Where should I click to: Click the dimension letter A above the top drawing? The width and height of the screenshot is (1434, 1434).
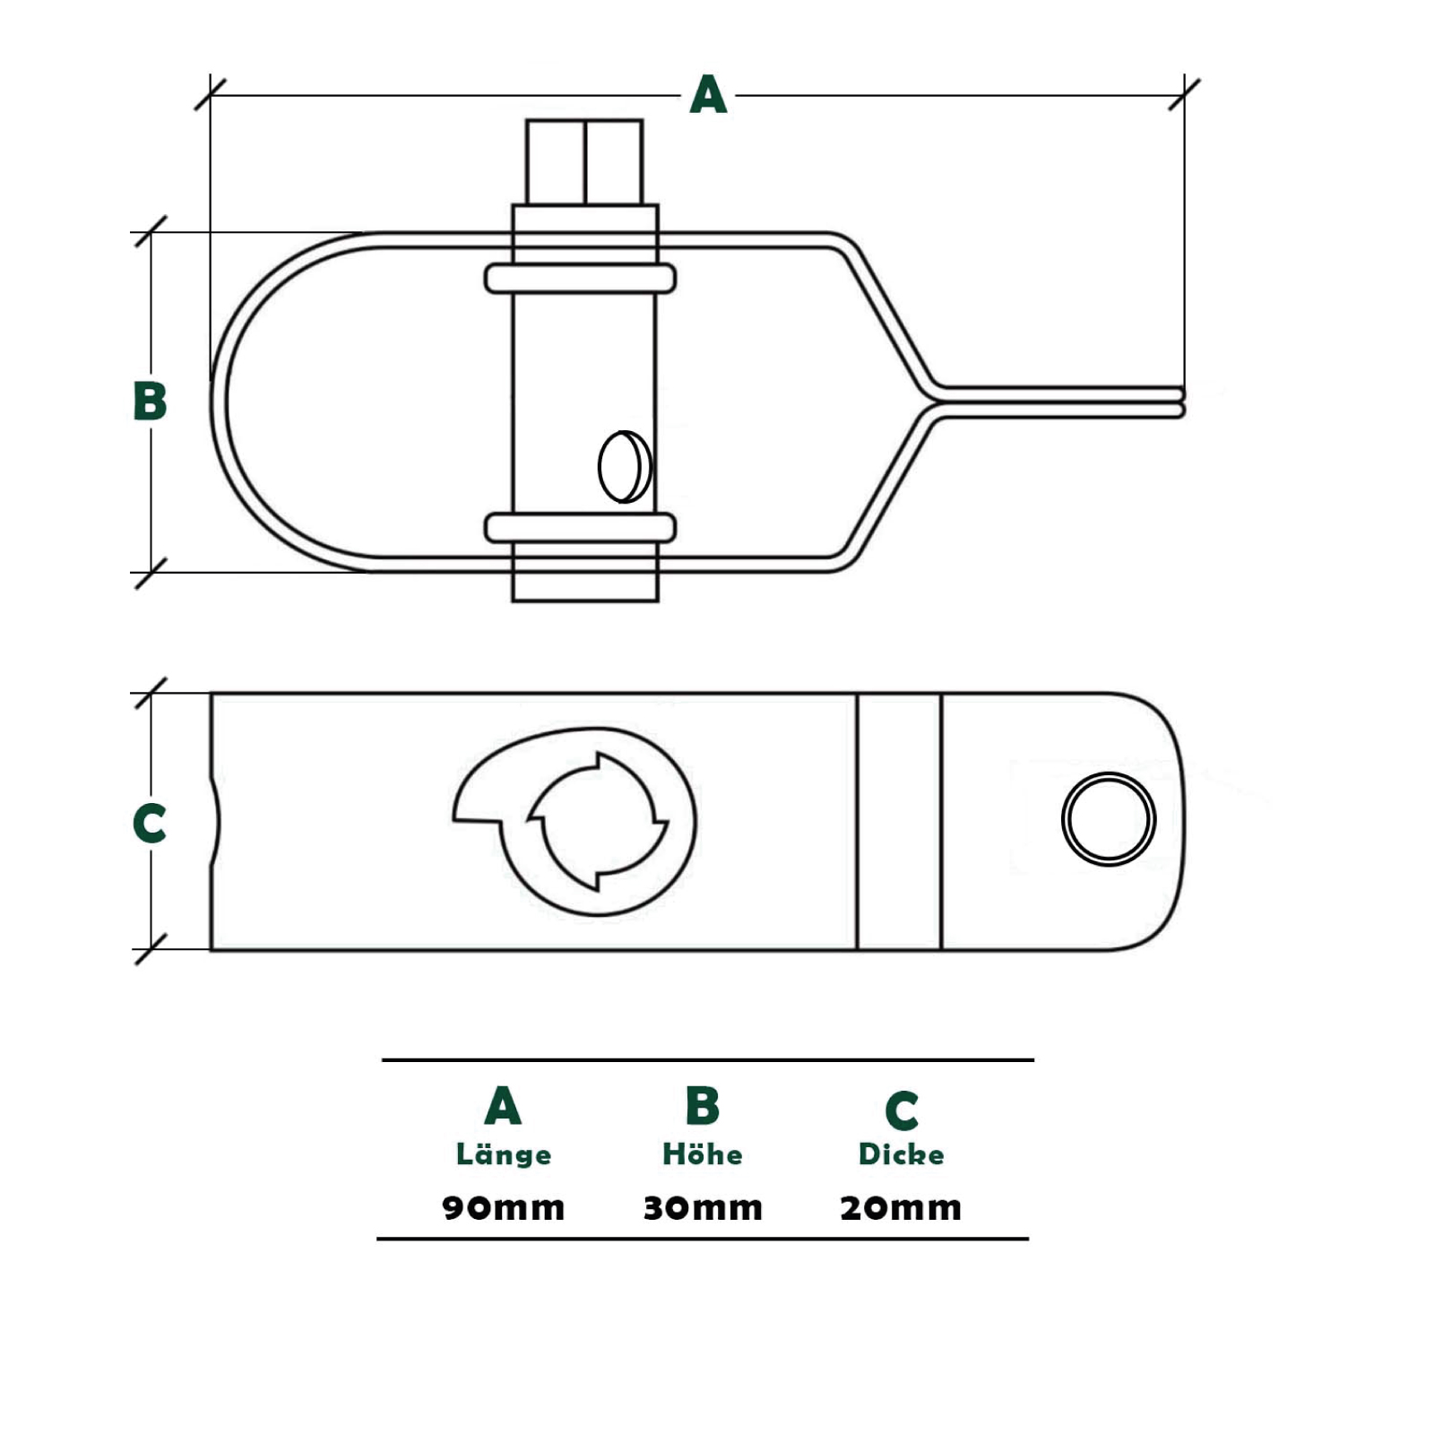tap(708, 95)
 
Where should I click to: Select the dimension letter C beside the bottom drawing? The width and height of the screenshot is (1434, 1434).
tap(150, 823)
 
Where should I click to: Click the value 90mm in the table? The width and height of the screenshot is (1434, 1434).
tap(504, 1207)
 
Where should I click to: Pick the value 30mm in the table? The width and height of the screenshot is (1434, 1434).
tap(703, 1207)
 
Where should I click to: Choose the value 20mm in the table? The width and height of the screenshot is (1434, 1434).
tap(901, 1207)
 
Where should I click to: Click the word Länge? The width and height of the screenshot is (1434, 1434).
tap(504, 1153)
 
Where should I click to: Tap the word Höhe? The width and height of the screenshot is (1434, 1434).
tap(703, 1153)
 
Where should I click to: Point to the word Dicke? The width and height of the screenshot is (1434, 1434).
tap(901, 1153)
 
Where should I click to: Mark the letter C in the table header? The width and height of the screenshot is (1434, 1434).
tap(902, 1110)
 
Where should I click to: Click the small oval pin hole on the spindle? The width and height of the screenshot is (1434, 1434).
tap(624, 467)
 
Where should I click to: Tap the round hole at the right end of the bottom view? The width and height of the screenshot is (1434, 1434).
tap(1109, 819)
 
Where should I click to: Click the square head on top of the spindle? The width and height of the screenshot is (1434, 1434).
tap(584, 162)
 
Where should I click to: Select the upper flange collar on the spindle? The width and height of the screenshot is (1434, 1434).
tap(580, 279)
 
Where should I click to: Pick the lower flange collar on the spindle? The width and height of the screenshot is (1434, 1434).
tap(580, 528)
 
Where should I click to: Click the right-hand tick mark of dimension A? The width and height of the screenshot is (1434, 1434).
tap(1184, 94)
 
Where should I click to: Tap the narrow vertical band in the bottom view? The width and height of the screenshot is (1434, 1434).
tap(899, 821)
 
